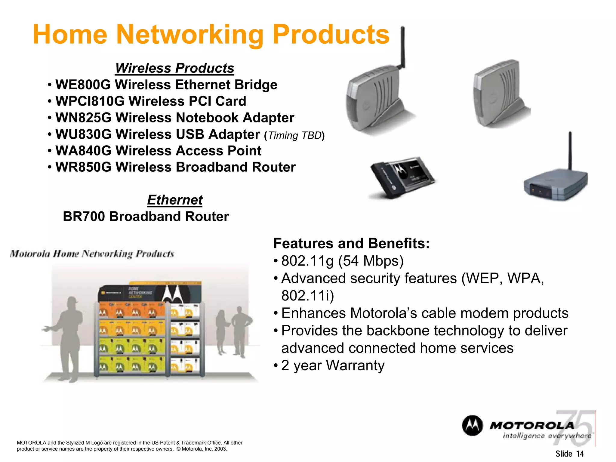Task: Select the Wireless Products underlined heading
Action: point(174,68)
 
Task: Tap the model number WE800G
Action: point(83,85)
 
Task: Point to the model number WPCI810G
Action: point(90,101)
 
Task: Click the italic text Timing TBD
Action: point(294,136)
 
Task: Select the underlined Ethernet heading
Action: point(175,200)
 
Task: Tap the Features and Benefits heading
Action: point(351,243)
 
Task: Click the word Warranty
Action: point(355,365)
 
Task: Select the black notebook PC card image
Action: point(402,177)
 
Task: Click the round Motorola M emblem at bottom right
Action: point(472,426)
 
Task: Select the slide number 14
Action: point(580,454)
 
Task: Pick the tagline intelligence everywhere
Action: point(547,436)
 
